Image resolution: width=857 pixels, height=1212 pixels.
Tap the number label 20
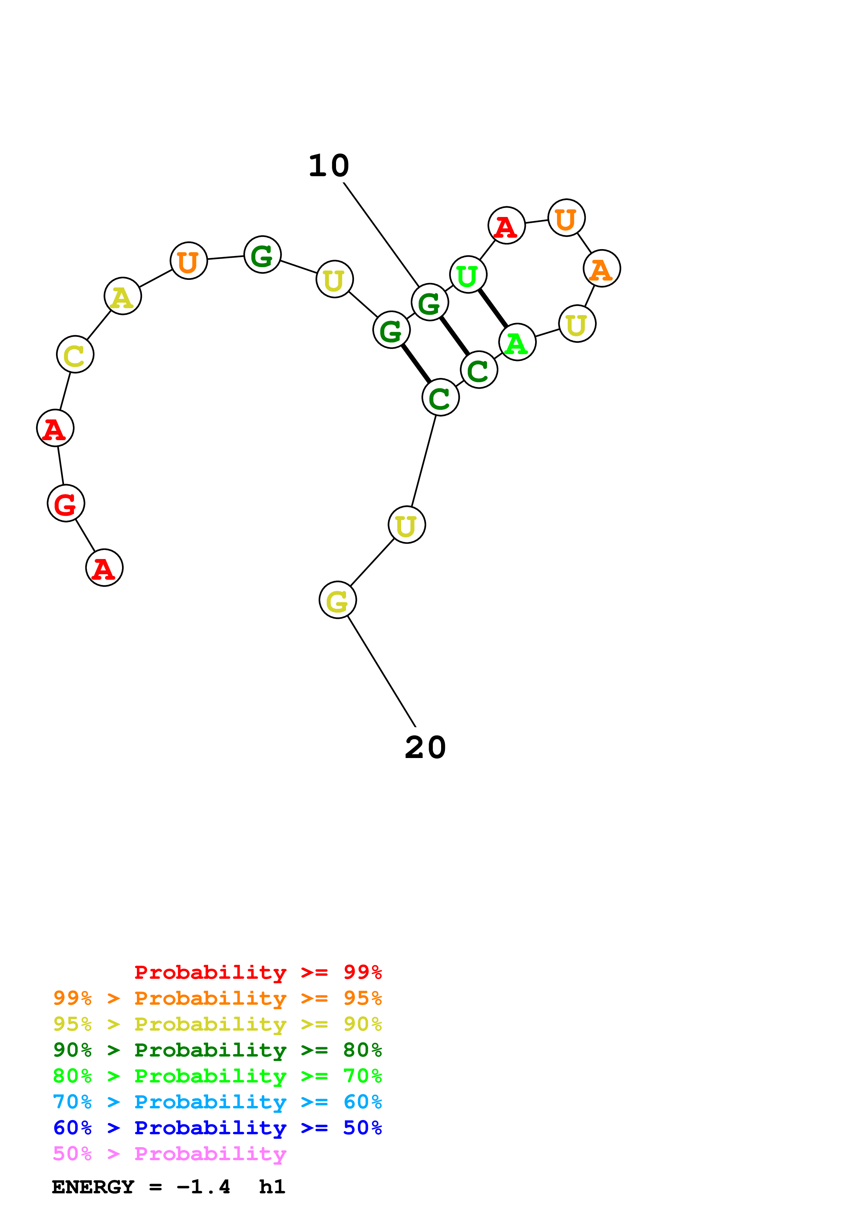(x=425, y=748)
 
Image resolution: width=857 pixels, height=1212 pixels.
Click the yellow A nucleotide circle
(x=122, y=296)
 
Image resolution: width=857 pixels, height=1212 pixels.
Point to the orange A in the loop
(x=602, y=269)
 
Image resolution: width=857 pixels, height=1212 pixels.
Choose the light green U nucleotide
(x=468, y=274)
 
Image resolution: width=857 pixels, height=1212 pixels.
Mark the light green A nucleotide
(x=517, y=342)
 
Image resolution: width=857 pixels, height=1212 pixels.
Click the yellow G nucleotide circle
(x=337, y=600)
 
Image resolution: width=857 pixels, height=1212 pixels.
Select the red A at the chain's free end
(x=104, y=568)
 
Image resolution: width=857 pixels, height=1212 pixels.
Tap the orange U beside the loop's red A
(x=566, y=218)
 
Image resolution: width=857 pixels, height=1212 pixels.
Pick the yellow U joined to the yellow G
(x=407, y=525)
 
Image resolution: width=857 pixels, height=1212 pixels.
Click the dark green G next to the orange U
(x=262, y=255)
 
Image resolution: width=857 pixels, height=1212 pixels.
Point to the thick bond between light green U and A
(x=493, y=308)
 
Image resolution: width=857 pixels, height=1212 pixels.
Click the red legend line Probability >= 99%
(x=258, y=972)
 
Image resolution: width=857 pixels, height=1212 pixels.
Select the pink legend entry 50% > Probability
(x=169, y=1154)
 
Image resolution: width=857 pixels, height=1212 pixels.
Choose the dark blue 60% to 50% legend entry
(x=217, y=1128)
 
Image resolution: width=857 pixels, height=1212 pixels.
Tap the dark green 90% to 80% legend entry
(x=217, y=1050)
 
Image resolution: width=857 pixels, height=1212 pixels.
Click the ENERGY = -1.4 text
(x=141, y=1187)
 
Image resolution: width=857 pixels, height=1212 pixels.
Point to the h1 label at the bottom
(x=272, y=1187)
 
